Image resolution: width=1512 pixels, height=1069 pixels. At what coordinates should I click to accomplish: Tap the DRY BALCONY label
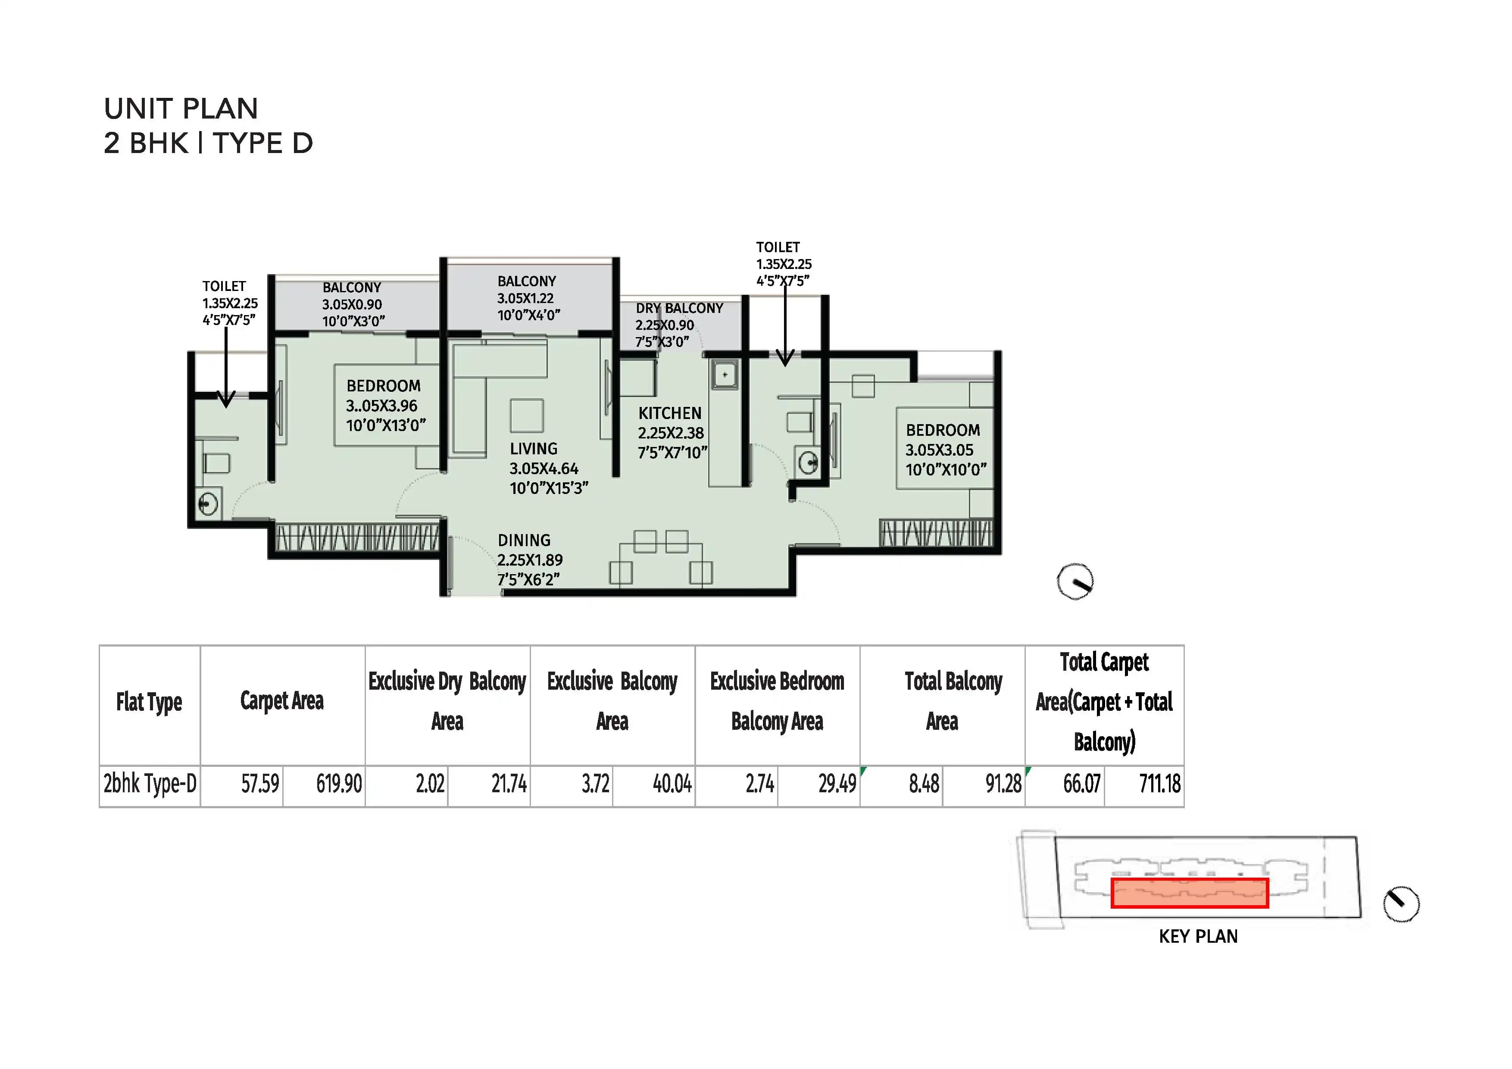pos(679,308)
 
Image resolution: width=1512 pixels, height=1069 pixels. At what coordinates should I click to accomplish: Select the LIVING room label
pos(534,449)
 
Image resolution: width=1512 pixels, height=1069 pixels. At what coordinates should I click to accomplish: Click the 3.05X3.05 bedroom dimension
pos(939,450)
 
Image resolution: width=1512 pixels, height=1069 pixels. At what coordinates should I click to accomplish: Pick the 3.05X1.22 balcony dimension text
pos(525,298)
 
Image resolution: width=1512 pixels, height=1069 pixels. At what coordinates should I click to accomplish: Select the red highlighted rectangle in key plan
pos(1189,893)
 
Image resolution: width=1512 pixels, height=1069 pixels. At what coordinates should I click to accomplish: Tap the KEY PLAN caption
pos(1198,937)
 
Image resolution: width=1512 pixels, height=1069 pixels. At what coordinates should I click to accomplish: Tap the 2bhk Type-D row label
pos(150,784)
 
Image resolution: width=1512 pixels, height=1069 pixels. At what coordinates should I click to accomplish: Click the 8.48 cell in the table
pos(924,784)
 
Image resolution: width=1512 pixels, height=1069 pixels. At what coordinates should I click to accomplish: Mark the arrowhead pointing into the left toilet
pos(226,400)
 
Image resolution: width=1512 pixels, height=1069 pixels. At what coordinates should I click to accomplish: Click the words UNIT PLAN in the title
pos(181,109)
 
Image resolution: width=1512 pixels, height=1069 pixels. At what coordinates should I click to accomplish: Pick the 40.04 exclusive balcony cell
pos(672,784)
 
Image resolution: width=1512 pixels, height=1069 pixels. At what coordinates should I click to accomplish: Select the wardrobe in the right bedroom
pos(936,533)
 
